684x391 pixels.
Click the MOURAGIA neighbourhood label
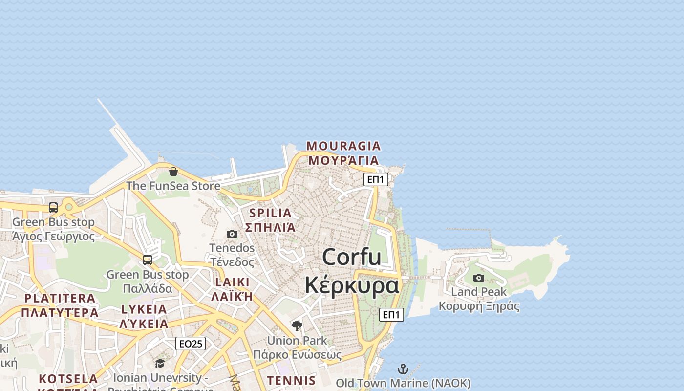pyautogui.click(x=343, y=146)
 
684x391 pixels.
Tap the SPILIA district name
pyautogui.click(x=270, y=213)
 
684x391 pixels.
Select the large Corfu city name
pyautogui.click(x=352, y=257)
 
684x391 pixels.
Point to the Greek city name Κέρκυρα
pyautogui.click(x=352, y=285)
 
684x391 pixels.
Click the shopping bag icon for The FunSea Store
pyautogui.click(x=173, y=172)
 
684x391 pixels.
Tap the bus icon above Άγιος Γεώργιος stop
pyautogui.click(x=53, y=208)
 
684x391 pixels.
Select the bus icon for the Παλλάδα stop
pyautogui.click(x=148, y=260)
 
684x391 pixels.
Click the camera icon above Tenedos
pyautogui.click(x=232, y=234)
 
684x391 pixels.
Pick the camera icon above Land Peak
pyautogui.click(x=479, y=278)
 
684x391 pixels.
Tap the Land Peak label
pyautogui.click(x=479, y=292)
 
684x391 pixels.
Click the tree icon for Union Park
pyautogui.click(x=297, y=326)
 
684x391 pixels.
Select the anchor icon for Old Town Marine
pyautogui.click(x=403, y=369)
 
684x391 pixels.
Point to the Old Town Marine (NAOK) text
pyautogui.click(x=403, y=383)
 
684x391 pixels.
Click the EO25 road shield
pyautogui.click(x=191, y=344)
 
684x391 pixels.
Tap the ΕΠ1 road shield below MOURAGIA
pyautogui.click(x=376, y=179)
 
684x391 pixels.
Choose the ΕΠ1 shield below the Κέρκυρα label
pyautogui.click(x=391, y=315)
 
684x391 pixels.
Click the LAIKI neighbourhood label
pyautogui.click(x=232, y=282)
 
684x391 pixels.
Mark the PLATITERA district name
pyautogui.click(x=60, y=298)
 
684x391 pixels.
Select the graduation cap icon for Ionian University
pyautogui.click(x=160, y=363)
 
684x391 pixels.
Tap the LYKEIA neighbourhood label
pyautogui.click(x=144, y=309)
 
